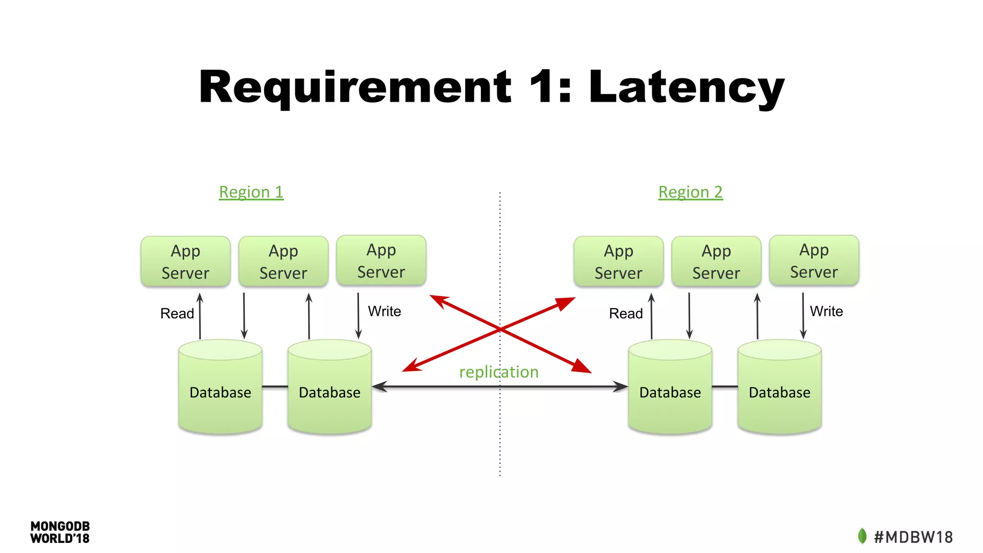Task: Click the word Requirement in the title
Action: pos(355,87)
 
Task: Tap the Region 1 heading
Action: pos(251,192)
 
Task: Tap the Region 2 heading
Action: pos(690,192)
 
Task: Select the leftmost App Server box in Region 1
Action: pos(185,262)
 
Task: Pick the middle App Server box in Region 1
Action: pos(283,262)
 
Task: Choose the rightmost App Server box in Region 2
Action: pos(814,261)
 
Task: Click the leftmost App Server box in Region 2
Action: pos(618,262)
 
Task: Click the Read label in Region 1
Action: pos(177,313)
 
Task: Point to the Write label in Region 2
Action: pos(826,312)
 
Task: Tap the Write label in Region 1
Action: pos(384,312)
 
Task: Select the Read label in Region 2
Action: pos(625,313)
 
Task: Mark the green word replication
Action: pos(499,372)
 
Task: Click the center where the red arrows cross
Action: pos(500,329)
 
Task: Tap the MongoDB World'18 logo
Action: pos(60,532)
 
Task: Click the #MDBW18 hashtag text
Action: pos(913,537)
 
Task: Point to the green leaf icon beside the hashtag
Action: pos(862,536)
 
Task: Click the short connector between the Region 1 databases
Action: pos(275,386)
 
